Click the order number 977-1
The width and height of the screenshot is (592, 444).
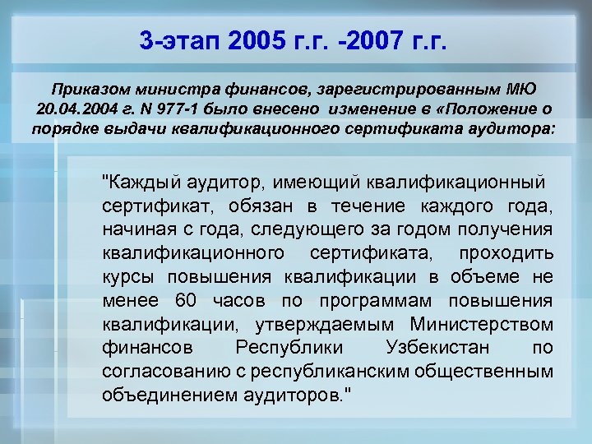click(173, 109)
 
